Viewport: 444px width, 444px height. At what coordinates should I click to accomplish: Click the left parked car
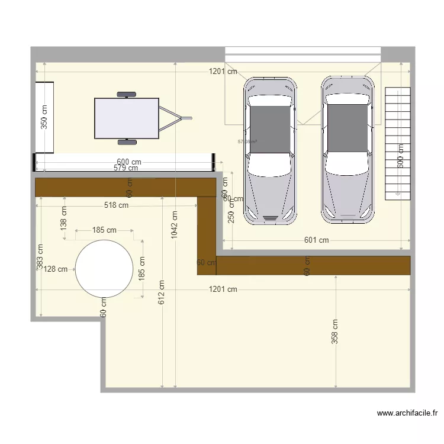point(270,151)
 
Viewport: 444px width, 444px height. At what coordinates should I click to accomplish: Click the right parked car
point(348,151)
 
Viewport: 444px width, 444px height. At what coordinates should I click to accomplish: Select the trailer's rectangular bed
point(126,118)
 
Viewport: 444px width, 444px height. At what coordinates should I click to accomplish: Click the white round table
point(104,269)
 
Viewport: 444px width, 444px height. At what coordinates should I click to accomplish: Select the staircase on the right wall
point(397,143)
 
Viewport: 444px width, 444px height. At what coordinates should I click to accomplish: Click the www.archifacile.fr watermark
point(407,413)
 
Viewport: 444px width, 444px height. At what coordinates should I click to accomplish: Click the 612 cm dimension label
point(162,292)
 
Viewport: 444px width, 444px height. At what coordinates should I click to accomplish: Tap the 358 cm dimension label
point(335,332)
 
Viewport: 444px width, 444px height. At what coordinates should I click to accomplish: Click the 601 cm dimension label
point(316,240)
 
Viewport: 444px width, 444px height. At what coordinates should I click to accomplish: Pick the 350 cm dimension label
point(44,117)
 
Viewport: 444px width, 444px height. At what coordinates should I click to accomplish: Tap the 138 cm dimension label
point(64,217)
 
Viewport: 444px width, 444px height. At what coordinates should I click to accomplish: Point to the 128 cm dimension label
point(56,269)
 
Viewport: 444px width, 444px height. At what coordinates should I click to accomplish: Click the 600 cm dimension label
point(129,162)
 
